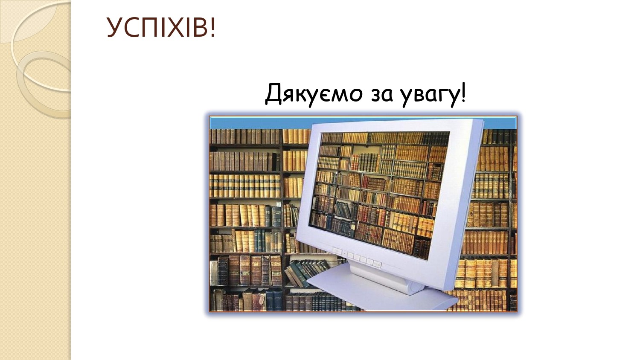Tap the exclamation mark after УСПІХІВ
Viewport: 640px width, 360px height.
point(212,27)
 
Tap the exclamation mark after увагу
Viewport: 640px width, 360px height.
point(463,92)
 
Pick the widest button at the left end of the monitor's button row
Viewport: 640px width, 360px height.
point(337,251)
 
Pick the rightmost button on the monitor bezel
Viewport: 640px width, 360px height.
point(377,264)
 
